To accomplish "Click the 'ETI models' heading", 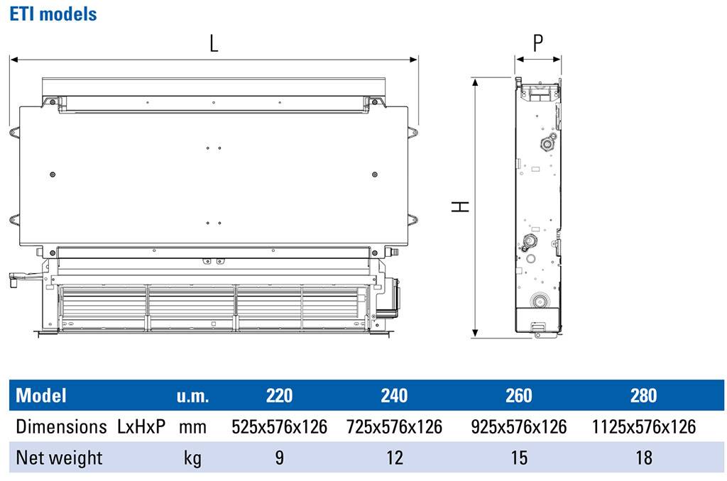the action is pyautogui.click(x=53, y=14).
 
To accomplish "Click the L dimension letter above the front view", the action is pyautogui.click(x=214, y=43).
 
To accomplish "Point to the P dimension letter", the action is pyautogui.click(x=538, y=43).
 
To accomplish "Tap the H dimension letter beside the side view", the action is pyautogui.click(x=460, y=206).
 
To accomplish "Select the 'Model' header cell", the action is pyautogui.click(x=41, y=396).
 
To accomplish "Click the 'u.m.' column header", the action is pyautogui.click(x=192, y=396).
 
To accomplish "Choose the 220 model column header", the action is pyautogui.click(x=279, y=396).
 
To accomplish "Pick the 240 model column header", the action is pyautogui.click(x=394, y=396).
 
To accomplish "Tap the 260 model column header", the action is pyautogui.click(x=519, y=396).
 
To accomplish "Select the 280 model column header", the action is pyautogui.click(x=643, y=396).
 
